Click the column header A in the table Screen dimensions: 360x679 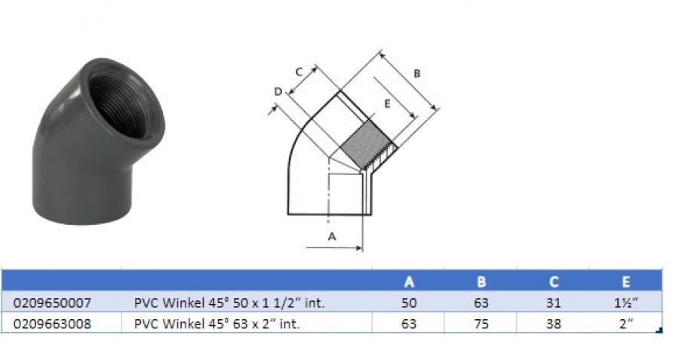click(x=409, y=282)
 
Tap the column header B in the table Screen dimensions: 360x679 click(x=481, y=282)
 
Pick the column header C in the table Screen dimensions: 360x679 click(x=554, y=282)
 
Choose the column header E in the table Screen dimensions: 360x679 click(x=625, y=282)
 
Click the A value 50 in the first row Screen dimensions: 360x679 click(x=409, y=303)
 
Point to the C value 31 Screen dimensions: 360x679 click(x=554, y=303)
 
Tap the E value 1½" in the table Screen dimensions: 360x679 click(x=625, y=303)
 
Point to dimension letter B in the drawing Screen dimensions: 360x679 click(x=416, y=73)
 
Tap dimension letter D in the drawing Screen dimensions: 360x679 click(x=278, y=92)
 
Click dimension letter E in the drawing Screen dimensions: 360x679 click(x=386, y=104)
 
